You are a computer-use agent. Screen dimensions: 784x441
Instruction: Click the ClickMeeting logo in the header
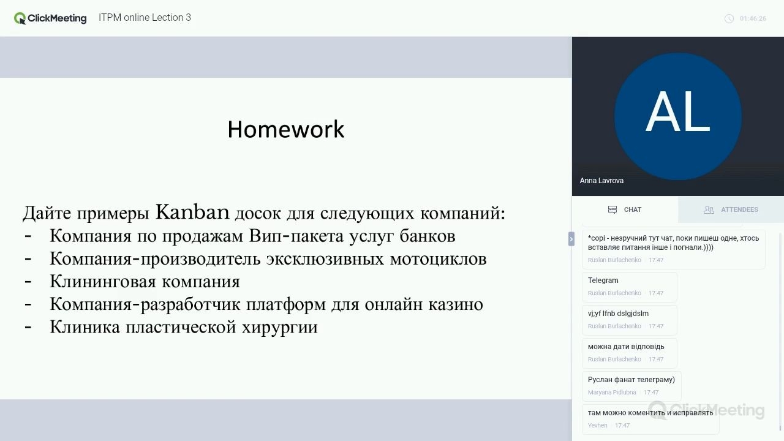[x=50, y=18]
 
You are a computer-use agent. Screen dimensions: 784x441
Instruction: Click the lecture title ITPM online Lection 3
[x=145, y=18]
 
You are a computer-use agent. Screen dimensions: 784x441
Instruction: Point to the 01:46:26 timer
[x=753, y=18]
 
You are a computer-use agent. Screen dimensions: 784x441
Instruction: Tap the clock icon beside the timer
[x=729, y=18]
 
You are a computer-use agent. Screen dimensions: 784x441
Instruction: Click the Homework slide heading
[x=286, y=129]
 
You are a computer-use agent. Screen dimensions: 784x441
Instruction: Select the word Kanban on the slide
[x=192, y=212]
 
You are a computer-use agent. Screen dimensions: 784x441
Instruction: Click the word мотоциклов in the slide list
[x=438, y=259]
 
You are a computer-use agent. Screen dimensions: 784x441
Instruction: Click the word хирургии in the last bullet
[x=280, y=328]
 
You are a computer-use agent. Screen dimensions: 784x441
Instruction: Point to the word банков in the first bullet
[x=428, y=236]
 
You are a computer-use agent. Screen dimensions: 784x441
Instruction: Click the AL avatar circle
[x=678, y=116]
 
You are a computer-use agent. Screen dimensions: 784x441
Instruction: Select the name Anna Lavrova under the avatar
[x=601, y=181]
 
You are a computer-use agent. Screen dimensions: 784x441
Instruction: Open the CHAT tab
[x=625, y=209]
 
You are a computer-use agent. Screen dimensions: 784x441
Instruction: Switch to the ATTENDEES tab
[x=731, y=209]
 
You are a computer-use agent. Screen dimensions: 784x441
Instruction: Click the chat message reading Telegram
[x=603, y=281]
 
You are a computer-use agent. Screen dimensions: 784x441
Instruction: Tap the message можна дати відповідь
[x=626, y=347]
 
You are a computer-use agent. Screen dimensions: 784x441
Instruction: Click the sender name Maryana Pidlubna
[x=612, y=393]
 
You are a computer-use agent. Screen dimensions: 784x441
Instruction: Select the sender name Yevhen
[x=597, y=425]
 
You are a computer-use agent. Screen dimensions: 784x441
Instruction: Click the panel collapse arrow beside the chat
[x=571, y=239]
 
